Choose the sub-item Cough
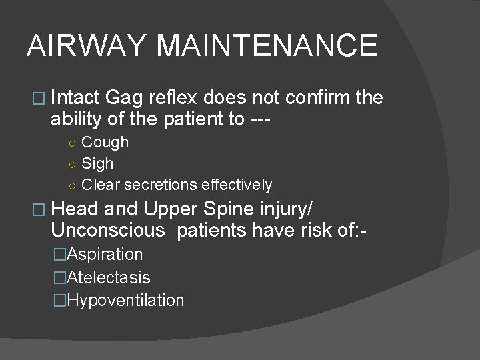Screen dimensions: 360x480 click(x=105, y=142)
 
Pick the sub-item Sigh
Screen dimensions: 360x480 click(x=97, y=163)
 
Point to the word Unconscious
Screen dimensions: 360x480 click(x=107, y=231)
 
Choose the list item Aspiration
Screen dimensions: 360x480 click(x=105, y=254)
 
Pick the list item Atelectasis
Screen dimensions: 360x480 click(x=109, y=277)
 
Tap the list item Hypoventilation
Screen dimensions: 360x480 click(x=125, y=300)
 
